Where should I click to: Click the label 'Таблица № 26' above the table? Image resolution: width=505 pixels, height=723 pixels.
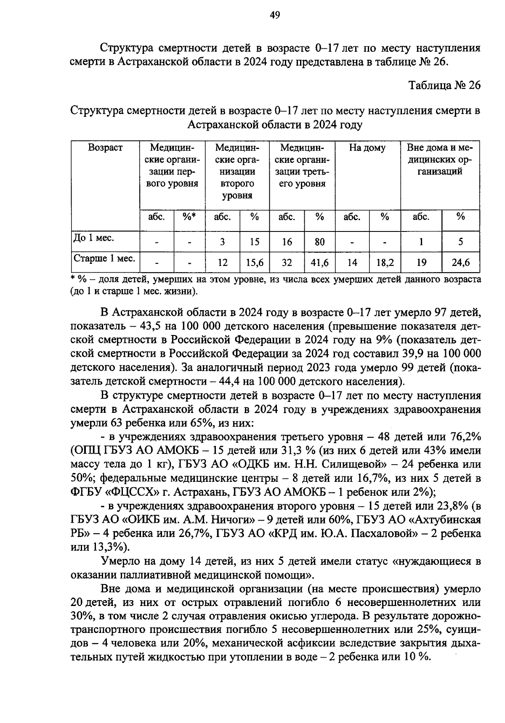(444, 85)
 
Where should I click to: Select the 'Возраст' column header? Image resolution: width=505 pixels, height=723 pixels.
(105, 148)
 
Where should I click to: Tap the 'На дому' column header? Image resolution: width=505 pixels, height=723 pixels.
(367, 148)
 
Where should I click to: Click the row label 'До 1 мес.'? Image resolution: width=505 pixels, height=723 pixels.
(88, 238)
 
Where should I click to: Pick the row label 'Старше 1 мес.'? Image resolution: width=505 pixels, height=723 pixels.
(104, 258)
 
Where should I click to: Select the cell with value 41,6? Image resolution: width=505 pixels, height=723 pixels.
(320, 263)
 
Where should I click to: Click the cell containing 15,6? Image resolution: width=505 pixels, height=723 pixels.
(255, 263)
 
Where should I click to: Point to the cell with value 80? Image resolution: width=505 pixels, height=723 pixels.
(320, 242)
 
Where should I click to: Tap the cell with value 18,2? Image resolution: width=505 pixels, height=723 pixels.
(385, 263)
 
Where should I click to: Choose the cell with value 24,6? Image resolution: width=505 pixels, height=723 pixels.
(460, 263)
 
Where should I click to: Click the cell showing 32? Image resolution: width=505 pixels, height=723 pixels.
(287, 263)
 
